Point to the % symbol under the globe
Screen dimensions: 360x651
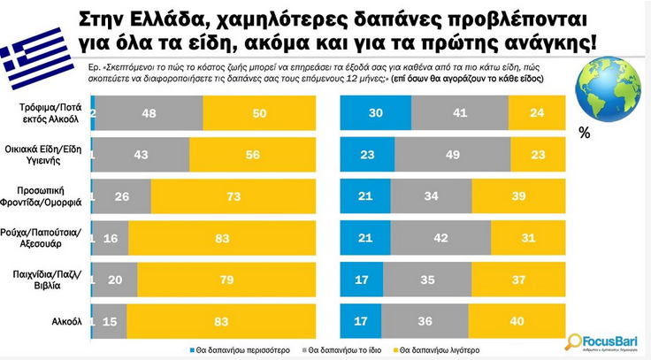583,134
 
